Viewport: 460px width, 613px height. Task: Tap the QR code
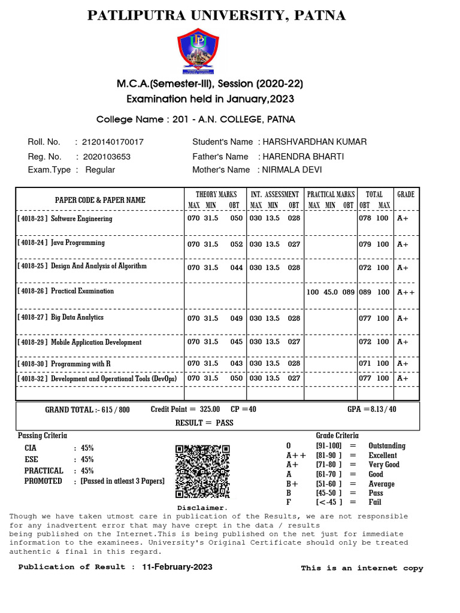click(202, 472)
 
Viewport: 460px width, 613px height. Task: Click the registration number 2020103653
click(107, 156)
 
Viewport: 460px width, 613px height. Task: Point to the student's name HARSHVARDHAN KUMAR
click(312, 142)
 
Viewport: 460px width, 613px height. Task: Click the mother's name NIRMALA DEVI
click(290, 169)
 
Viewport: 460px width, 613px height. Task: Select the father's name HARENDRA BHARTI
click(300, 156)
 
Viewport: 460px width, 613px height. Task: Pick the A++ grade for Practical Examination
click(405, 292)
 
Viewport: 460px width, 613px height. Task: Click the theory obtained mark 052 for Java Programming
click(237, 244)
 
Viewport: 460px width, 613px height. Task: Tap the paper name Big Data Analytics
click(77, 317)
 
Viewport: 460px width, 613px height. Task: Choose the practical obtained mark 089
click(348, 292)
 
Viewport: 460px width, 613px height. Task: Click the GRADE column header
click(405, 195)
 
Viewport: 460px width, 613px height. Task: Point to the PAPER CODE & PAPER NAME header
click(100, 200)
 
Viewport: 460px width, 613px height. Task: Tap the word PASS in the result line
click(225, 423)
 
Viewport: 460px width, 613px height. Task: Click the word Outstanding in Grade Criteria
click(387, 446)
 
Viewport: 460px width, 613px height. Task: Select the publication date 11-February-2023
click(177, 567)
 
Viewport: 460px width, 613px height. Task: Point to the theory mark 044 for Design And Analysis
click(237, 268)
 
